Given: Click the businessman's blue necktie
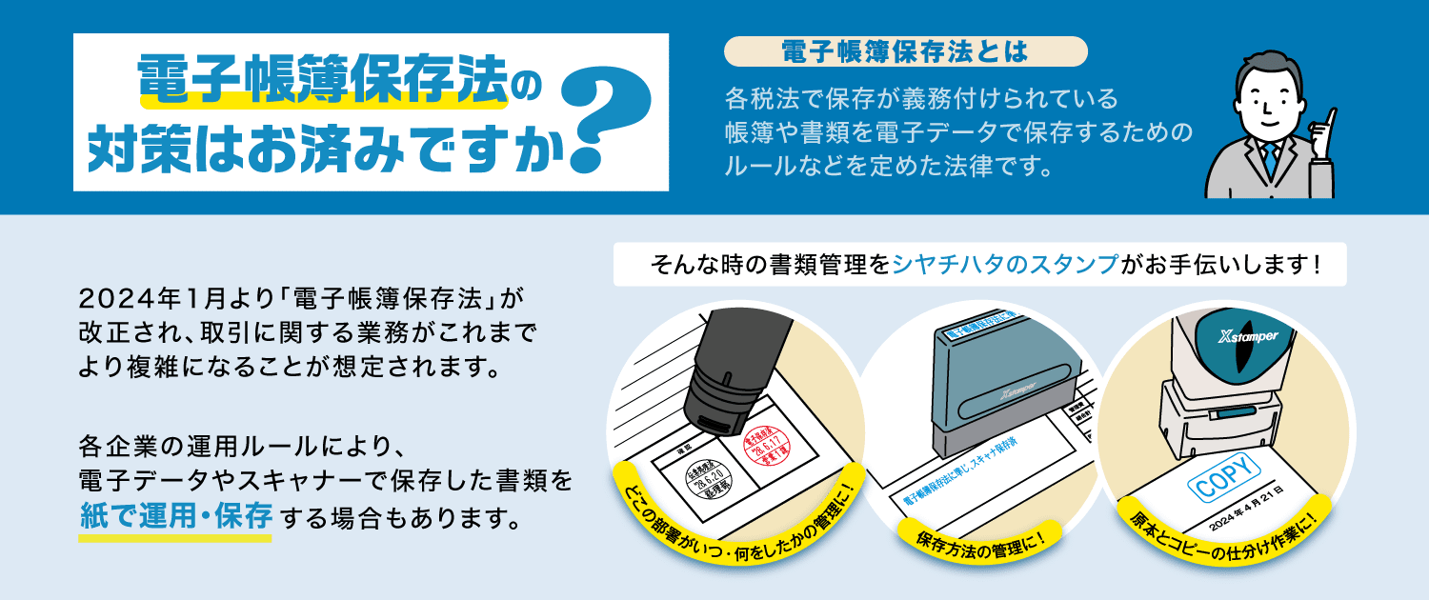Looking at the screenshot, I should [x=1269, y=160].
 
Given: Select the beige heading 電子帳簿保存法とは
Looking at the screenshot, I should [x=904, y=51].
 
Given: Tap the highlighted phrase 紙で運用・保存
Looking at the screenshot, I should [x=175, y=518].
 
